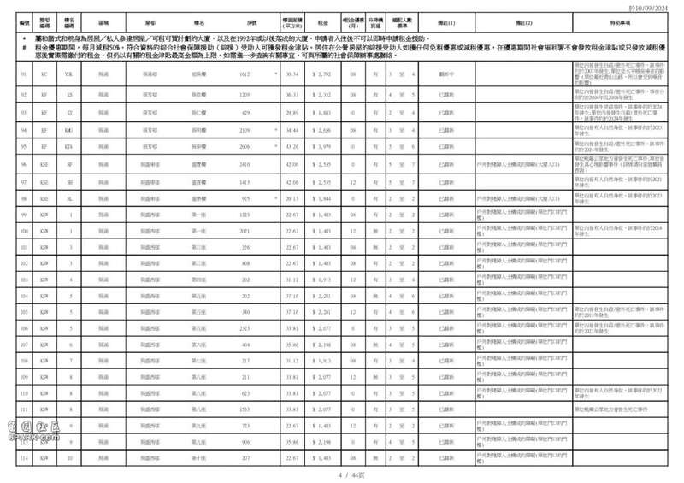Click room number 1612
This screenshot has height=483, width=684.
(245, 75)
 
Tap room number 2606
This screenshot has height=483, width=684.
(245, 147)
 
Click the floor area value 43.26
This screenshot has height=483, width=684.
(292, 147)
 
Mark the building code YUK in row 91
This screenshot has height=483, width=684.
(69, 75)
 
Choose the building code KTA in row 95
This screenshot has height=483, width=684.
(69, 147)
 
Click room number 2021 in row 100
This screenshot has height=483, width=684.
(245, 231)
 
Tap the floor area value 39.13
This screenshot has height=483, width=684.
(292, 197)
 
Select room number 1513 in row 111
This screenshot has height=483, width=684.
(245, 409)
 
